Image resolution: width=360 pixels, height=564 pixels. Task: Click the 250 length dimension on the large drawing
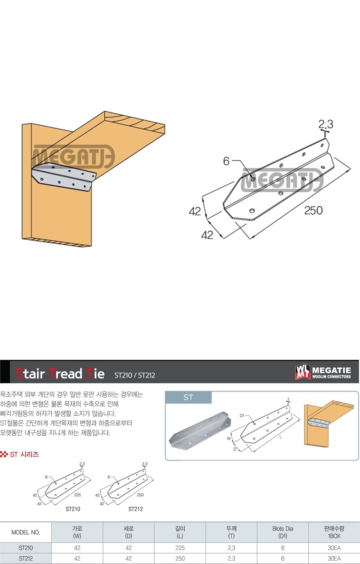pyautogui.click(x=313, y=210)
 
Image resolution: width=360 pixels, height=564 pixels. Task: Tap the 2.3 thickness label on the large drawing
pyautogui.click(x=326, y=124)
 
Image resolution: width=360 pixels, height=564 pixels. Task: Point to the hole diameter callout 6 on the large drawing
pyautogui.click(x=226, y=161)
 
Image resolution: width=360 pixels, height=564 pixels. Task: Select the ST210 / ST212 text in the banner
pyautogui.click(x=135, y=375)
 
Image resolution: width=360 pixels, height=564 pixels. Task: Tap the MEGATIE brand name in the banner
pyautogui.click(x=331, y=370)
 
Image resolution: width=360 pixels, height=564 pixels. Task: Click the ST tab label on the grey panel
pyautogui.click(x=188, y=397)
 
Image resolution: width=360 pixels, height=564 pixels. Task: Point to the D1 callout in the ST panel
pyautogui.click(x=242, y=416)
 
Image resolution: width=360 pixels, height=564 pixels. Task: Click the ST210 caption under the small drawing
pyautogui.click(x=73, y=509)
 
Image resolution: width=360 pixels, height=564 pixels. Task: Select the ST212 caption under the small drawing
pyautogui.click(x=136, y=509)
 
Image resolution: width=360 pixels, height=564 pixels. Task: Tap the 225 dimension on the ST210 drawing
pyautogui.click(x=77, y=495)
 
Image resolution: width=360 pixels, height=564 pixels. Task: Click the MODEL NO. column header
pyautogui.click(x=26, y=532)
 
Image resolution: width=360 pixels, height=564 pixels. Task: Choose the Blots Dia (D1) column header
pyautogui.click(x=283, y=532)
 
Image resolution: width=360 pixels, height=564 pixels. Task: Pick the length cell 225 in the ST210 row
pyautogui.click(x=180, y=548)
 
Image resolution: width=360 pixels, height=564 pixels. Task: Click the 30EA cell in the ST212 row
pyautogui.click(x=334, y=559)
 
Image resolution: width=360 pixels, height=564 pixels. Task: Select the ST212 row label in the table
pyautogui.click(x=26, y=559)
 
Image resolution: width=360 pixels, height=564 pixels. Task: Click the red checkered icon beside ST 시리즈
pyautogui.click(x=4, y=454)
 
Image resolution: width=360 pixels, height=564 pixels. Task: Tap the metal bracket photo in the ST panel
pyautogui.click(x=200, y=430)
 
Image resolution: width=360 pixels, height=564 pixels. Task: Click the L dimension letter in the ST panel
pyautogui.click(x=281, y=437)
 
